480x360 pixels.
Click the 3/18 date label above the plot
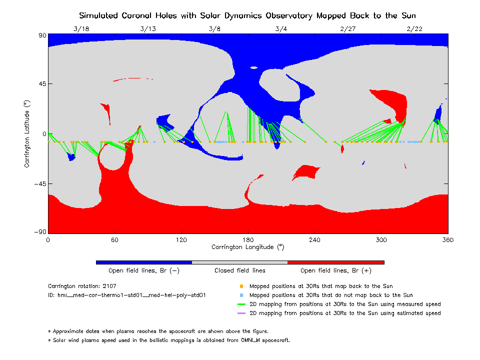coord(81,28)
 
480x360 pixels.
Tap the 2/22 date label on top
coord(414,28)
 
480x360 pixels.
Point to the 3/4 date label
coord(281,28)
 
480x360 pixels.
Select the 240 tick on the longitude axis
coord(314,239)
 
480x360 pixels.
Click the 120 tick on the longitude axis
coord(181,239)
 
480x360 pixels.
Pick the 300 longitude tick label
coord(381,239)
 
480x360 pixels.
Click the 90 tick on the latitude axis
coord(42,35)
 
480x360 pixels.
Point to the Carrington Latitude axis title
coord(27,133)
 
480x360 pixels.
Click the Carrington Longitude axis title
coord(248,247)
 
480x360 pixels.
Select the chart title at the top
coord(247,15)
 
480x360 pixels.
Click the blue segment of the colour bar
coord(143,262)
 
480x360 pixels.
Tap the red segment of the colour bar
coord(335,262)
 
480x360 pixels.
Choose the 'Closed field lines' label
coord(240,270)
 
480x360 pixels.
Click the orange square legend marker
coord(241,286)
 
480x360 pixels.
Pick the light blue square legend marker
coord(241,295)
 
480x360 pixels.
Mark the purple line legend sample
coord(241,313)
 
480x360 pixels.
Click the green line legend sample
coord(241,304)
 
